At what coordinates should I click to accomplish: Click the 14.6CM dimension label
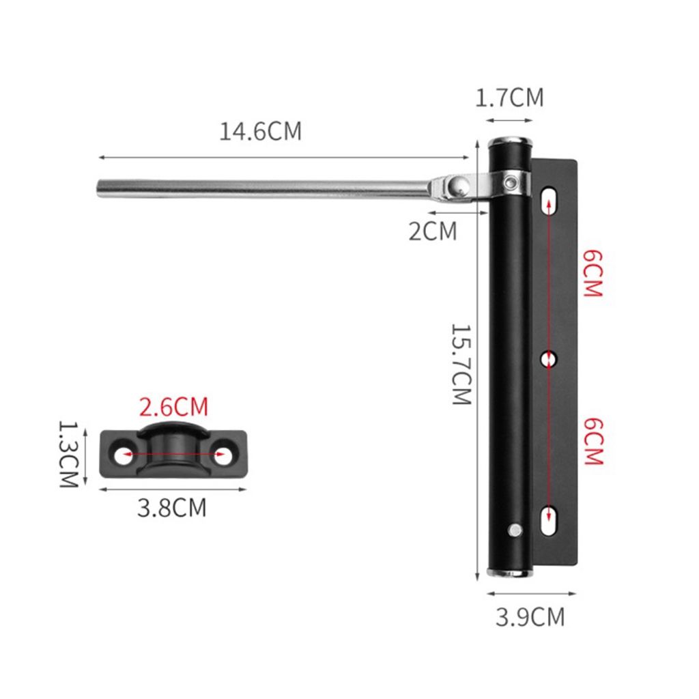point(260,131)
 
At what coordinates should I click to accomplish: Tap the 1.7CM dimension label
point(509,98)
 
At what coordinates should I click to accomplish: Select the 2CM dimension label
point(433,231)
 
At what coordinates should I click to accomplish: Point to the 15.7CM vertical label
point(461,364)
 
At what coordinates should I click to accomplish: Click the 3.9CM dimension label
point(530,617)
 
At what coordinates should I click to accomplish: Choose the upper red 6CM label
point(593,274)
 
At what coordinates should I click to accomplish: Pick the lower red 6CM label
point(593,442)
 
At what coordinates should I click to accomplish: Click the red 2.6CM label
point(174,407)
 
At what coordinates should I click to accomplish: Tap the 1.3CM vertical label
point(69,454)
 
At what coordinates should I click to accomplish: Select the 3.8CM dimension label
point(172,507)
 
